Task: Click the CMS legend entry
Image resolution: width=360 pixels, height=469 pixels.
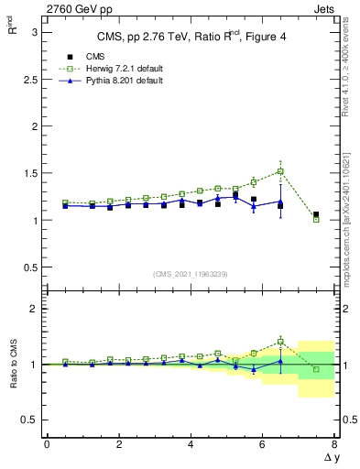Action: pyautogui.click(x=95, y=57)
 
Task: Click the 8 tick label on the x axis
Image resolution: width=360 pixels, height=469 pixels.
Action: pyautogui.click(x=335, y=445)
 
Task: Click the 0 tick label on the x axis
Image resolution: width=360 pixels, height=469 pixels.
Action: pyautogui.click(x=47, y=445)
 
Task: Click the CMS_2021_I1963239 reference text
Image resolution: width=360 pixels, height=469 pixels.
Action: pyautogui.click(x=191, y=274)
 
